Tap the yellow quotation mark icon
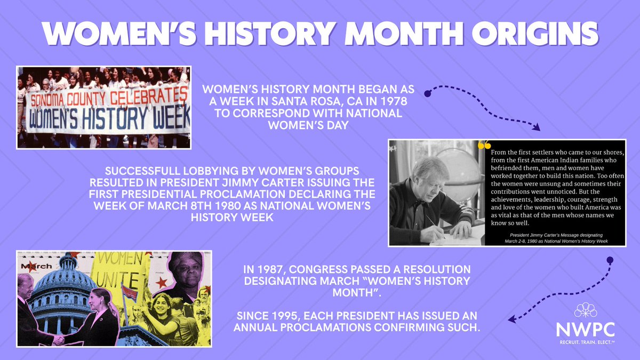pyautogui.click(x=484, y=145)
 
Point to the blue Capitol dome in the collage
pyautogui.click(x=58, y=288)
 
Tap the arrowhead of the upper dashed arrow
pyautogui.click(x=536, y=127)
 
